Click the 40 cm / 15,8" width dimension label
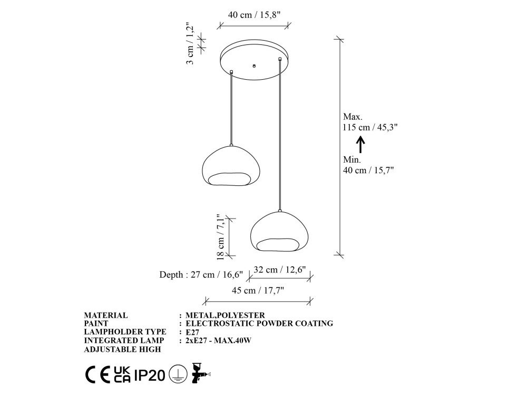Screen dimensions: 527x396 (x=254, y=15)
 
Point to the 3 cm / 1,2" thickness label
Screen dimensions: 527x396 (x=190, y=43)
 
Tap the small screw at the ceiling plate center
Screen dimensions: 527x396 (x=254, y=65)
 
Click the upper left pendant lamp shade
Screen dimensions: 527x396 (x=231, y=165)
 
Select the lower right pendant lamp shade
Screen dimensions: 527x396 (x=280, y=231)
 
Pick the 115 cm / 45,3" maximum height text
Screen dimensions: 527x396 (x=370, y=127)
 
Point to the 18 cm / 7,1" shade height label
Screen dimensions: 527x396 (x=220, y=237)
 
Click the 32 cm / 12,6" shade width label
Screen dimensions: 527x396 (x=280, y=270)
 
